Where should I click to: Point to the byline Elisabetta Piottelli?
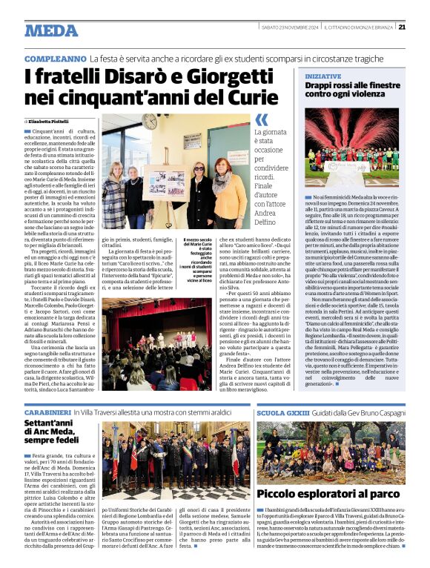(x=54, y=119)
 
